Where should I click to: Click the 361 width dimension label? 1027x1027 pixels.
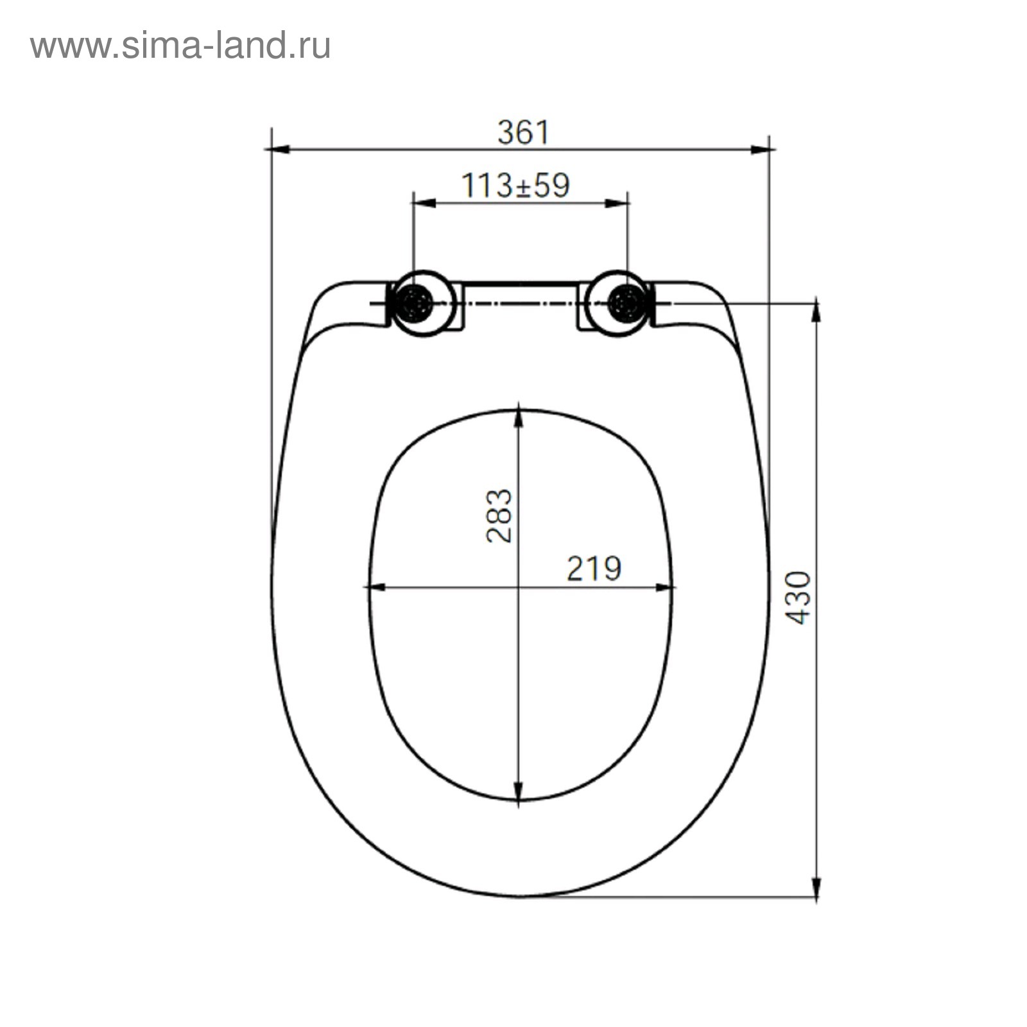[524, 133]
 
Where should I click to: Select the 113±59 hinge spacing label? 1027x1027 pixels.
[515, 186]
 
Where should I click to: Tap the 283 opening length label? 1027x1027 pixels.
[499, 516]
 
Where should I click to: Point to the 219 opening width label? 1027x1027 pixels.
[594, 568]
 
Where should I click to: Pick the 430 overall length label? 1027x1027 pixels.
[798, 598]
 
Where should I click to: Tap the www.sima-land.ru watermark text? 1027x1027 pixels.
[180, 46]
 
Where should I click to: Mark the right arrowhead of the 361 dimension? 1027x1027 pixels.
[763, 150]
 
